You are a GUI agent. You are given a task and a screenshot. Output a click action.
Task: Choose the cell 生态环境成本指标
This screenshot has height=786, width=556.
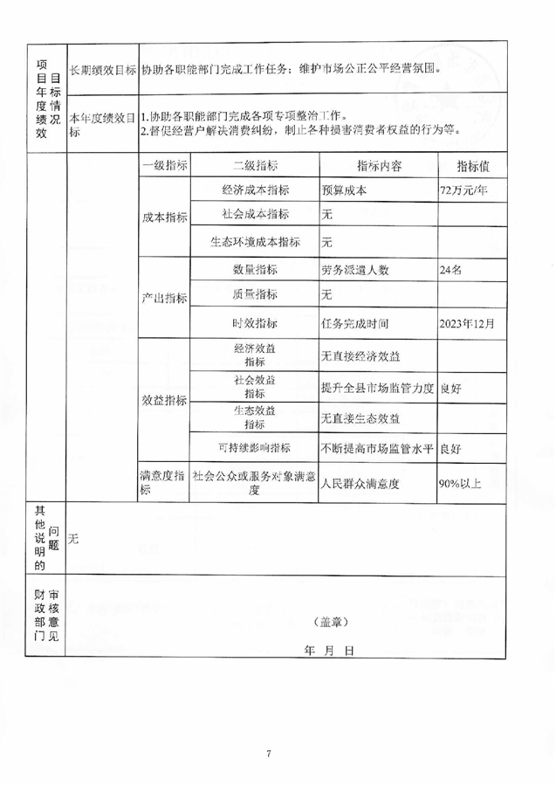click(x=256, y=242)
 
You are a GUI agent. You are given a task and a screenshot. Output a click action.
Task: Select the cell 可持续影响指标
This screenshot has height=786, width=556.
click(x=256, y=448)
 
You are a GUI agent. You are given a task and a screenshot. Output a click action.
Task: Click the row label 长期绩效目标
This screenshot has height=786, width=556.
click(x=103, y=70)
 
